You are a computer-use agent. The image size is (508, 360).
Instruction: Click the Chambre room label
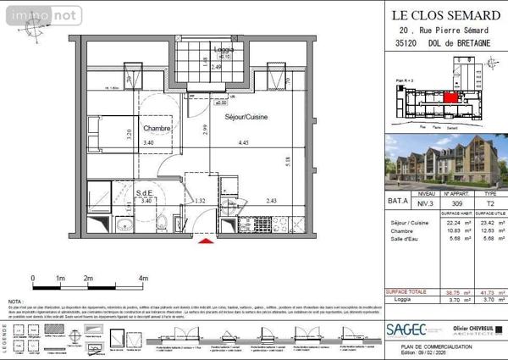coord(157,129)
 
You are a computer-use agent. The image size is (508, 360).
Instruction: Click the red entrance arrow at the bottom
coord(203,245)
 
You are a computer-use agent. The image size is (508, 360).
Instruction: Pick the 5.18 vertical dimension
coord(288,158)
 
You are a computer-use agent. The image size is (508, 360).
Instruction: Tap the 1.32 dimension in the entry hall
coord(201,201)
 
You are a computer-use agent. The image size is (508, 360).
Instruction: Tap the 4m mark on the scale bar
coord(143,277)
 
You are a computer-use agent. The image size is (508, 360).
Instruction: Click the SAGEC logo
coord(406,330)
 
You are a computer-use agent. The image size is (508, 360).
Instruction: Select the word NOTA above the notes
coord(15,302)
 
